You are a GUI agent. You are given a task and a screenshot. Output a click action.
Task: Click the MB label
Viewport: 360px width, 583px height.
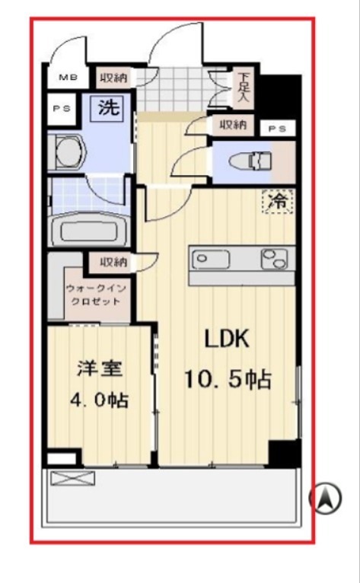[x=68, y=78]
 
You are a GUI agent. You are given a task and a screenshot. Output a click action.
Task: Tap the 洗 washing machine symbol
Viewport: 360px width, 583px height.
[x=109, y=107]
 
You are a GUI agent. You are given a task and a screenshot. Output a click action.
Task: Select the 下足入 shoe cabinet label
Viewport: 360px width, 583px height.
[x=244, y=88]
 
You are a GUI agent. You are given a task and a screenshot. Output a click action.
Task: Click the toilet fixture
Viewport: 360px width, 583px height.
[x=250, y=162]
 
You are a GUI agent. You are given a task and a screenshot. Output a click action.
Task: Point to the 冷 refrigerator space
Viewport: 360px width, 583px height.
[x=279, y=202]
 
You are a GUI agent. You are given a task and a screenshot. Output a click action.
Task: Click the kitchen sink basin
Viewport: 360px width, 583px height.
[x=211, y=259]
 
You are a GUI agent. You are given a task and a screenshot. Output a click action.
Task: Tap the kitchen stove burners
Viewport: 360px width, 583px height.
[x=274, y=259]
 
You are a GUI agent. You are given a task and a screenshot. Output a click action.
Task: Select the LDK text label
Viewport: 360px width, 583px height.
[x=228, y=339]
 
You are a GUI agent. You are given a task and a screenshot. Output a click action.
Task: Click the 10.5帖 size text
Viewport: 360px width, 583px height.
[x=228, y=379]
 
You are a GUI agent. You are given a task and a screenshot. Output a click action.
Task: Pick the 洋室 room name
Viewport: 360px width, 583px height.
[x=100, y=369]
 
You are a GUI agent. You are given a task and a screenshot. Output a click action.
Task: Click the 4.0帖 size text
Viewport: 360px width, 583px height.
[x=99, y=400]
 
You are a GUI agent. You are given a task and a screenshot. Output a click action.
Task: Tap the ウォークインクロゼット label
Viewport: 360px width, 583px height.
[x=96, y=295]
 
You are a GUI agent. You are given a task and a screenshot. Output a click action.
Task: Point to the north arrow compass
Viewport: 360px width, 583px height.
[x=326, y=498]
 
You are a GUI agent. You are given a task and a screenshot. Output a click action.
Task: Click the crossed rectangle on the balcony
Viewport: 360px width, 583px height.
[x=72, y=478]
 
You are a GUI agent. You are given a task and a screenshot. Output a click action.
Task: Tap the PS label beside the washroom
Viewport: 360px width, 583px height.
[x=62, y=109]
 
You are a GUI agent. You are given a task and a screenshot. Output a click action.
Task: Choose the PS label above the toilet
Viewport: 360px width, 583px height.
[x=278, y=129]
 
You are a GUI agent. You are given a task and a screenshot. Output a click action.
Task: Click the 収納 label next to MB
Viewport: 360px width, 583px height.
[x=113, y=78]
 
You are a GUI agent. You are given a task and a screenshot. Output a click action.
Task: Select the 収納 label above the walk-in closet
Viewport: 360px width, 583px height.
[x=113, y=262]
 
